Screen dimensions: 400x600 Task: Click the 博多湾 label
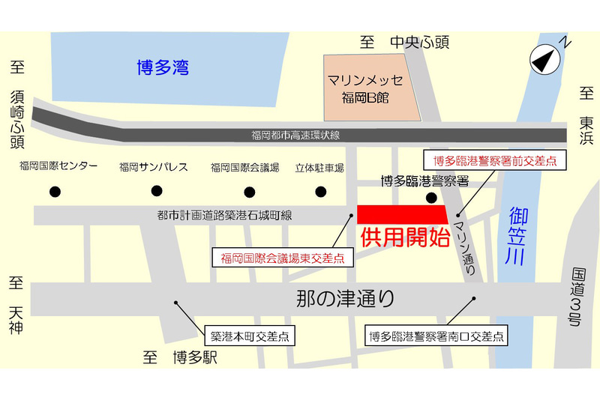click(163, 68)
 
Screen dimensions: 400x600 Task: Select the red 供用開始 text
click(405, 239)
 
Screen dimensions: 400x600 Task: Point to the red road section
click(402, 213)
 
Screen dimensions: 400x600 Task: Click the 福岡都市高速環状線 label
click(295, 136)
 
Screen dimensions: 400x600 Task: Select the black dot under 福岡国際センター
click(55, 192)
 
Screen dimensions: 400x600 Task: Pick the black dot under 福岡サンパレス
click(155, 190)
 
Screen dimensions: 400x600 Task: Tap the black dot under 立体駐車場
click(321, 190)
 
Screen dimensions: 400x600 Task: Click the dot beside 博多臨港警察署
click(431, 199)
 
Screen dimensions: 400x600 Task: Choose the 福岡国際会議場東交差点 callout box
click(283, 258)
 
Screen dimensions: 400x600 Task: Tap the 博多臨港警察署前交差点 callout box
click(495, 160)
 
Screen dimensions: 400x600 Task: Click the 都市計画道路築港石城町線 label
click(225, 216)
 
